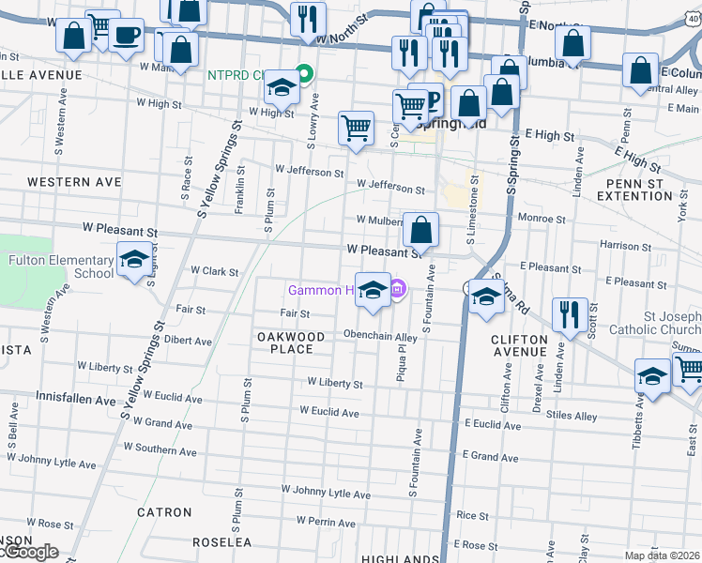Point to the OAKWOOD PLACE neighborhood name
(290, 342)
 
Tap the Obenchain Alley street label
(380, 336)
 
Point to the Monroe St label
(542, 219)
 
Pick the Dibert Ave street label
(187, 340)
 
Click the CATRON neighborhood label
(164, 513)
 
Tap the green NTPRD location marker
(304, 72)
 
